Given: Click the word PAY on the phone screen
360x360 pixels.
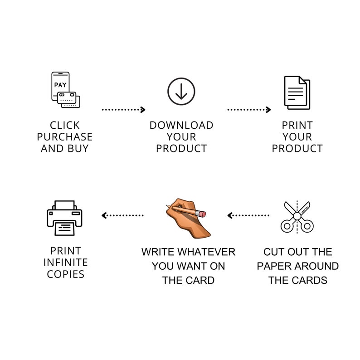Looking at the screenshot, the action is click(x=60, y=85).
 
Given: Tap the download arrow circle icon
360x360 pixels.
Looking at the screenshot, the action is click(x=181, y=92).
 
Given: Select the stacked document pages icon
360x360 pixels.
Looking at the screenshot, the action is click(x=297, y=92).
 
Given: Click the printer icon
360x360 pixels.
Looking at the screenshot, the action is click(x=64, y=218).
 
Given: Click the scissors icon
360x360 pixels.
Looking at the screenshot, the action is click(x=297, y=217).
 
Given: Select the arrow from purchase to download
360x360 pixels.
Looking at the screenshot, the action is click(x=123, y=110).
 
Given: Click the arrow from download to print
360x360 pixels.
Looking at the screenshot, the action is click(x=249, y=110).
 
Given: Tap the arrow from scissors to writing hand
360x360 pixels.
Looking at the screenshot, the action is click(x=248, y=215).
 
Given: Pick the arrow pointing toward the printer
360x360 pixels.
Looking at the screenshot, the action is click(x=122, y=215).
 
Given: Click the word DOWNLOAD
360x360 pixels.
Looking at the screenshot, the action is click(x=181, y=125).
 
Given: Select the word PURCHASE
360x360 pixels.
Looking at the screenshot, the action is click(x=65, y=137).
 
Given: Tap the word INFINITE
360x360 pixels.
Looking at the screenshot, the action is click(x=66, y=263).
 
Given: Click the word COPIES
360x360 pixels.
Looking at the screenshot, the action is click(x=66, y=274).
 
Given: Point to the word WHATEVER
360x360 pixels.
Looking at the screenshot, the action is click(x=206, y=252).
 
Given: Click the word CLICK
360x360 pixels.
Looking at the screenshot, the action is click(x=65, y=125).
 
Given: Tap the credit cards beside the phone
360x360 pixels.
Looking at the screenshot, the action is click(x=68, y=100).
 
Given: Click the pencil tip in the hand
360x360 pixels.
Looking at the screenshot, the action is click(x=167, y=205).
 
